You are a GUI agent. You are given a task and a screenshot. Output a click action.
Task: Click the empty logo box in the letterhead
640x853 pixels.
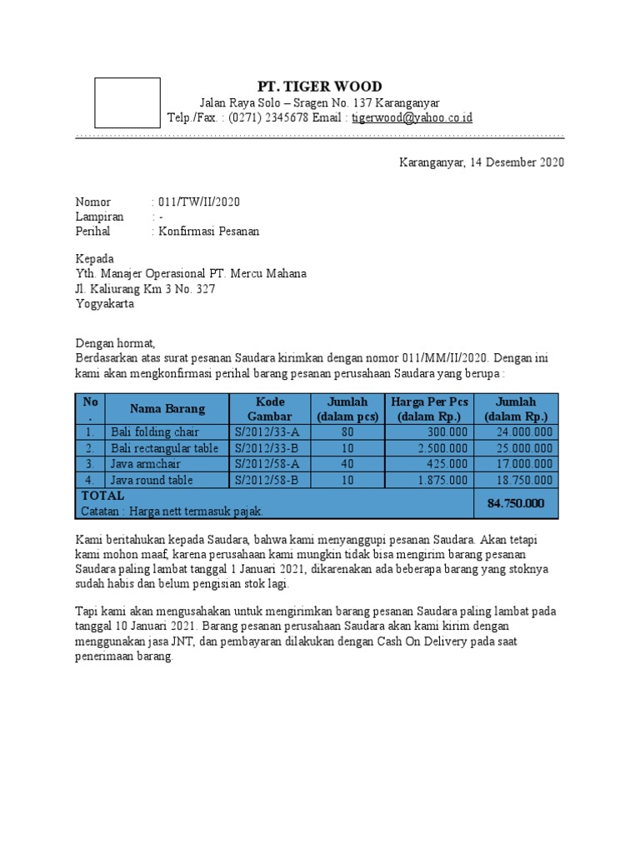click(x=127, y=102)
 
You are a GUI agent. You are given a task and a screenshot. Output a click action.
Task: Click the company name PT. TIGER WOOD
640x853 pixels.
click(x=319, y=87)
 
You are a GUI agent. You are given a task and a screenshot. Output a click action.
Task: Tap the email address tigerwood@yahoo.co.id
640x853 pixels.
click(x=412, y=117)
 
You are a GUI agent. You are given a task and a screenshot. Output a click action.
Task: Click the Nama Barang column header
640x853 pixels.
click(x=167, y=408)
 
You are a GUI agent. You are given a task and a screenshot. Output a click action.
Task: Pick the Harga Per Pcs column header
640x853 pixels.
click(x=429, y=408)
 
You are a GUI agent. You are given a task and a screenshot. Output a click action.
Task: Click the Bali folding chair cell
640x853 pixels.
click(x=152, y=432)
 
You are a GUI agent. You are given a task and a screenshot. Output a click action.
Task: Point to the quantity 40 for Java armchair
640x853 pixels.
click(x=347, y=464)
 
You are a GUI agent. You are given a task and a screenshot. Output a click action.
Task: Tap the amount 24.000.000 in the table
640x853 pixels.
click(x=524, y=432)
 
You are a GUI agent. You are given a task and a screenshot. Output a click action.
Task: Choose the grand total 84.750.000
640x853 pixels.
click(x=516, y=503)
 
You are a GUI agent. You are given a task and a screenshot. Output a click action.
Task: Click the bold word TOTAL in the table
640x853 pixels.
click(x=102, y=496)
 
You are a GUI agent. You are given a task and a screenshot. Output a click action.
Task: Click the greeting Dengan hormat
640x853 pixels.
click(x=116, y=342)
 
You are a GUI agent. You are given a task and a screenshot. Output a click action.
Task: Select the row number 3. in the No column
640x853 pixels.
click(x=89, y=464)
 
